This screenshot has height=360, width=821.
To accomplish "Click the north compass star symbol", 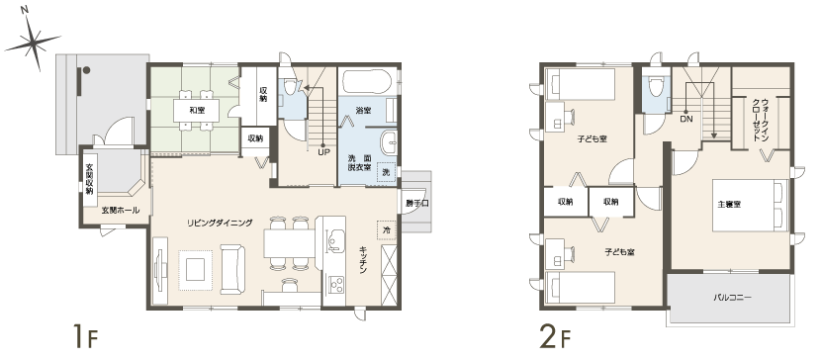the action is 33,41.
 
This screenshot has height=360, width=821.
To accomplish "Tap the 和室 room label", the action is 197,111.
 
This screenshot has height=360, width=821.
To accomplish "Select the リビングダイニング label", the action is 220,223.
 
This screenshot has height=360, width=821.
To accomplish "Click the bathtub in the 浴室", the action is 368,81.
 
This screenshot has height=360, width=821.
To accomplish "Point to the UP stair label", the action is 323,152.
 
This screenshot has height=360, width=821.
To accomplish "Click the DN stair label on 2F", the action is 685,120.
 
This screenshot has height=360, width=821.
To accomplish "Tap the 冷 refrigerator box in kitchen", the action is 387,230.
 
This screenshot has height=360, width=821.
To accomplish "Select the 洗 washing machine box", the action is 386,172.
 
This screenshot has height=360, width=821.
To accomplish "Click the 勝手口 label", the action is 417,204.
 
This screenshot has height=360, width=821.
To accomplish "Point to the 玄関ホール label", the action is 121,211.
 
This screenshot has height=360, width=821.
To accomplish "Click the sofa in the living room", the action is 232,269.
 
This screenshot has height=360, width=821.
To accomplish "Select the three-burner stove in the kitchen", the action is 336,285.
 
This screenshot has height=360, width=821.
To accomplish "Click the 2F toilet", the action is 655,87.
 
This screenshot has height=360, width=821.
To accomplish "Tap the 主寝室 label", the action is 729,204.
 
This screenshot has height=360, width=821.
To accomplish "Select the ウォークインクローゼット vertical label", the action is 761,120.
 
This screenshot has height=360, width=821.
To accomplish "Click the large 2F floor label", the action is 555,336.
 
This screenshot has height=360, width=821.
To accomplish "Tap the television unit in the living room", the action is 159,271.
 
